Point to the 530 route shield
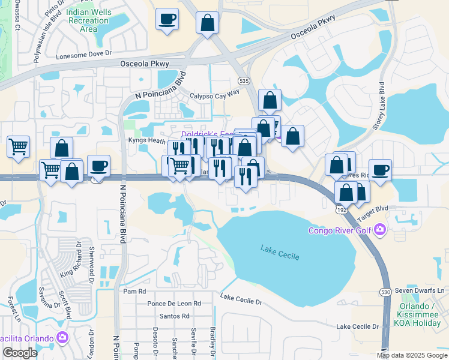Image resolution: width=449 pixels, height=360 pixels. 385,291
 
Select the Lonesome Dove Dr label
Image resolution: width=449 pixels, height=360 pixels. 84,54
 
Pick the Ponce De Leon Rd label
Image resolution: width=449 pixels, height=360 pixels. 174,304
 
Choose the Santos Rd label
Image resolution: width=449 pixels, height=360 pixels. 174,316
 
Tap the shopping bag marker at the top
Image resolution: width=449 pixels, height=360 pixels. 207,23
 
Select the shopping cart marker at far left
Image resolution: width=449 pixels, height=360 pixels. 19,146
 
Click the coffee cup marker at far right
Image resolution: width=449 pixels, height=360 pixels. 380,170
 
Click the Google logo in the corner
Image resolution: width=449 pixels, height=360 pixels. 20,353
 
